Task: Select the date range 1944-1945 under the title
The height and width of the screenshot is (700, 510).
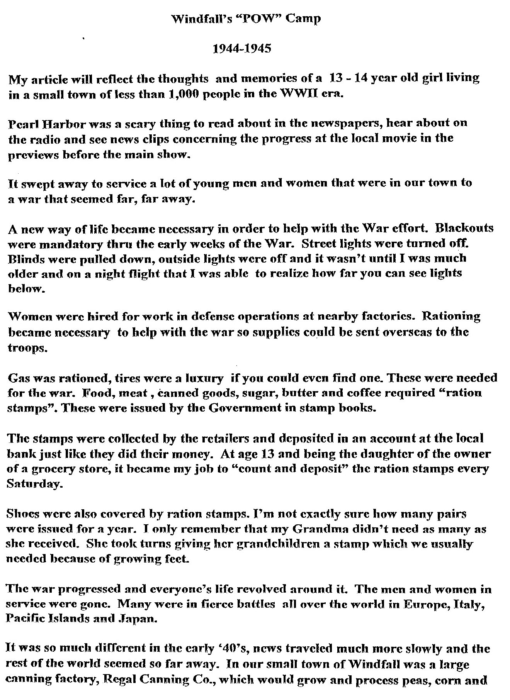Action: click(x=242, y=49)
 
